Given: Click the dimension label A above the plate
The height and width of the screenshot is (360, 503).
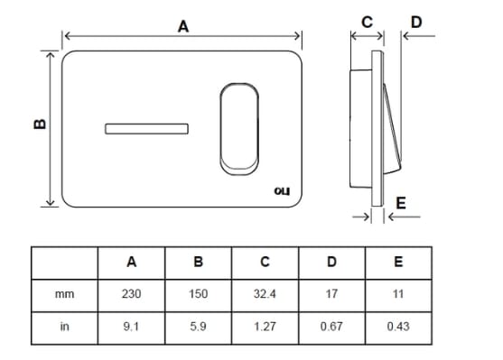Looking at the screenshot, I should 183,27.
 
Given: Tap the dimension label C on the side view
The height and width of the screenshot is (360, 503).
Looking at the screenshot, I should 366,21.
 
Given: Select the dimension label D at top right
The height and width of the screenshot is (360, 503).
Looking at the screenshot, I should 415,21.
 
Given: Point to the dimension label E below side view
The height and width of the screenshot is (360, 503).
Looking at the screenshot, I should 401,203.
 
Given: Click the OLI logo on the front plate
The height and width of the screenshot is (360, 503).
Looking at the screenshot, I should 281,190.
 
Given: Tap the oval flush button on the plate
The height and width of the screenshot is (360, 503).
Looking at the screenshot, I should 238,126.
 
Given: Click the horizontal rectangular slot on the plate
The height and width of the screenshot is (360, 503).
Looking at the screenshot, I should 146,128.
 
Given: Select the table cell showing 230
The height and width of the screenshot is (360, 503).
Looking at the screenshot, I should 131,294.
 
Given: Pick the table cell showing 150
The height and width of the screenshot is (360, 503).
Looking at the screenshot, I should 198,294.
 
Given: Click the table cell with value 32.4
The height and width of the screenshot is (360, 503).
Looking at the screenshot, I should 265,294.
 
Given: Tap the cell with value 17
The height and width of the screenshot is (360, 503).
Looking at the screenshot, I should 331,294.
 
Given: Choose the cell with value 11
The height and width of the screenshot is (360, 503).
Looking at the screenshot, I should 398,294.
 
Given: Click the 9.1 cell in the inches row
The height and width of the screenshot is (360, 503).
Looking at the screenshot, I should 131,327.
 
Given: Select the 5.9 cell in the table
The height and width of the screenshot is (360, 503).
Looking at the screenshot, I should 198,327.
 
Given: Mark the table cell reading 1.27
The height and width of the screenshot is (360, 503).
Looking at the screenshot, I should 265,327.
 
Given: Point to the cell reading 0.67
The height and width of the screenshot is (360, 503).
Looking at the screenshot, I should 331,327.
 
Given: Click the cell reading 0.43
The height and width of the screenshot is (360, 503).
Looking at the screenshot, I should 398,327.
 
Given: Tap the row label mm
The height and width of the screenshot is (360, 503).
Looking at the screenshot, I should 64,294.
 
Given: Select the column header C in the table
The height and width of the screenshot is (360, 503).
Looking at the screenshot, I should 265,263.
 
